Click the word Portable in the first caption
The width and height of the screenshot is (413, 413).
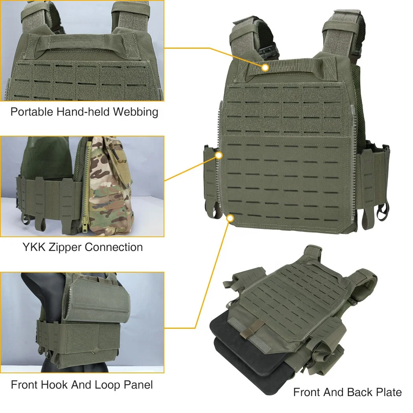tap(31, 112)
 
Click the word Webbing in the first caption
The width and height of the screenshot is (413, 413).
tap(136, 112)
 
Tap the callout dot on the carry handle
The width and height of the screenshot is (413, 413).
tap(265, 68)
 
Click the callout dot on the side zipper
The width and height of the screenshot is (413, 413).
tap(218, 156)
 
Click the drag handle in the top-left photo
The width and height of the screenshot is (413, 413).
tap(83, 43)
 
